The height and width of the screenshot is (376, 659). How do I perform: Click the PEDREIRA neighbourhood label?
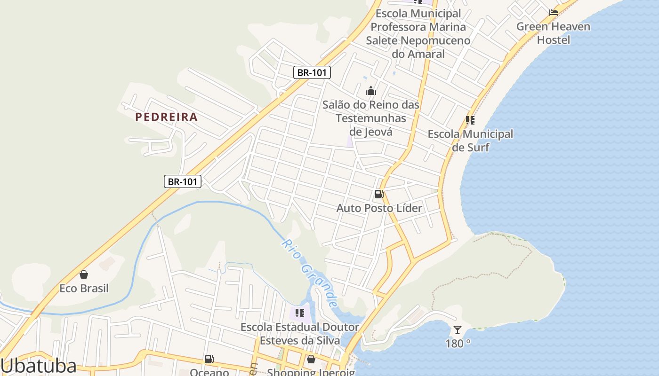point(166,117)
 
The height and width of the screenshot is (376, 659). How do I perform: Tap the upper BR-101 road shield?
point(312,72)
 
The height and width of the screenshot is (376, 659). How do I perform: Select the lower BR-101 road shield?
point(183,181)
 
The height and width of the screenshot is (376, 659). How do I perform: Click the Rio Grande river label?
point(309,273)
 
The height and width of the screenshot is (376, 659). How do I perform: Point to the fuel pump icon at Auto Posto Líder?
point(379,194)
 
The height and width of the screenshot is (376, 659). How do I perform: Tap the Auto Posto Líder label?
point(379,208)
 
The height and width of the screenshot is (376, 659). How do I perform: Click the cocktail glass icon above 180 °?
point(457,330)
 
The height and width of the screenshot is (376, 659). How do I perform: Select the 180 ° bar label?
point(458,344)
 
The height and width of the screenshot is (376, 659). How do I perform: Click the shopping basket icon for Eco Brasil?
point(84,274)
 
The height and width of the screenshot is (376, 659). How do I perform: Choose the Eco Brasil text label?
point(84,288)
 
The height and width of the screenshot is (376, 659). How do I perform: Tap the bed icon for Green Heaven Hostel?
point(554,12)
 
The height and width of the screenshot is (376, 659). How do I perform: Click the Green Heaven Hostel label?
point(553,33)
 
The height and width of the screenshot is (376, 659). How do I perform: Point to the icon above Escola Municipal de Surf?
point(470,120)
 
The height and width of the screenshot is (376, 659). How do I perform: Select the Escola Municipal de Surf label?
point(470,141)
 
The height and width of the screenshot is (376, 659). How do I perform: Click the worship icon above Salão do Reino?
point(371,91)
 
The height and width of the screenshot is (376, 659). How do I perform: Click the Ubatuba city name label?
point(39,366)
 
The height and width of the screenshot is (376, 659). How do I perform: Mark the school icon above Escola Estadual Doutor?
point(299,313)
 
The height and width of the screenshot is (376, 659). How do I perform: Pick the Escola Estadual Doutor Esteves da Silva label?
point(300,333)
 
